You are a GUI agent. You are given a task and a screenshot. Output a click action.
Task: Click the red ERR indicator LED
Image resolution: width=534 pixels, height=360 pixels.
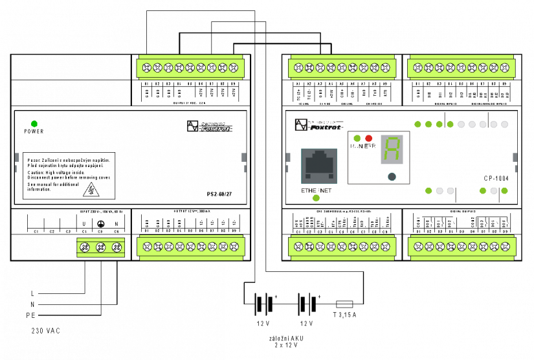[369, 138]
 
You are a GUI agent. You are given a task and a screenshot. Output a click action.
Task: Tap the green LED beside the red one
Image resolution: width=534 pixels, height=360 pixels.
[357, 138]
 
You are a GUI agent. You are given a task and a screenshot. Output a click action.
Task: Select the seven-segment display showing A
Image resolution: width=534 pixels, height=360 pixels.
[392, 150]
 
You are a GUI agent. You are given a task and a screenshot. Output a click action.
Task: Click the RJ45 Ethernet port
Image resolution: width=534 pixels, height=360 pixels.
[319, 165]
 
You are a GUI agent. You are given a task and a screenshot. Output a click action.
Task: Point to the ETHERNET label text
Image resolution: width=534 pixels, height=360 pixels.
[317, 191]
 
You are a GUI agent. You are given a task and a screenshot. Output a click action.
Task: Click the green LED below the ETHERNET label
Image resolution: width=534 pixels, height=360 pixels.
[316, 198]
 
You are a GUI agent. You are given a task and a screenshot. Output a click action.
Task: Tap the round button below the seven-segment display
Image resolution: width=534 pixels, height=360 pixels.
[392, 176]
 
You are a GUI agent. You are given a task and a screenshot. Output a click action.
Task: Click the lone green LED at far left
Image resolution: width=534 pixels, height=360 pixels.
[34, 124]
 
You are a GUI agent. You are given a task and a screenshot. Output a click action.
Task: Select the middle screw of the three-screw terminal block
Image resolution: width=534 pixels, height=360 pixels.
[100, 247]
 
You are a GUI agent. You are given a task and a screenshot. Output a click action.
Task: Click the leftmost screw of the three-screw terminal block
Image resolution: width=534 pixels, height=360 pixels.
[84, 247]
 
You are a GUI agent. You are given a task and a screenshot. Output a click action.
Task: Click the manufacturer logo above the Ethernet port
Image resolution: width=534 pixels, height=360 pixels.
[318, 124]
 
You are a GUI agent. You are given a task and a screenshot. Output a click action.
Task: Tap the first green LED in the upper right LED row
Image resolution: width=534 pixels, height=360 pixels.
[417, 124]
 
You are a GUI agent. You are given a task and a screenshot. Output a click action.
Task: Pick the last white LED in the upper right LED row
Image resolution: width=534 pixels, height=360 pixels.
[505, 124]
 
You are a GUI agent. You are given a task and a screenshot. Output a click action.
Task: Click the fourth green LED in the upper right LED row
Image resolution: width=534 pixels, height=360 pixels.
[450, 124]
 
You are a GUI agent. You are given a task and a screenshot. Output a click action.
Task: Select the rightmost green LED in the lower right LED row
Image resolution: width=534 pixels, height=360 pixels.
[504, 190]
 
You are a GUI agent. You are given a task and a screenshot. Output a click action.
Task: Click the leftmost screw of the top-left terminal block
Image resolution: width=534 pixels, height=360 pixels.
[147, 67]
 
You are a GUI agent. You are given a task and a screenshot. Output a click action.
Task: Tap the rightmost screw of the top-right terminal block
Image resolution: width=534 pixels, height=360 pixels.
[505, 67]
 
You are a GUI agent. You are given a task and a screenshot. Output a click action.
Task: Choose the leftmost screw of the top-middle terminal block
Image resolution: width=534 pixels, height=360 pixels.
[298, 67]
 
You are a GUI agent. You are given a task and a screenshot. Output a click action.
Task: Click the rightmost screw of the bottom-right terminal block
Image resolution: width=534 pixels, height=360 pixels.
[506, 247]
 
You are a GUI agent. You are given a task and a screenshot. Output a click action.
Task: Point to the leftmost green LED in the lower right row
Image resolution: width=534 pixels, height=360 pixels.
[428, 190]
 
